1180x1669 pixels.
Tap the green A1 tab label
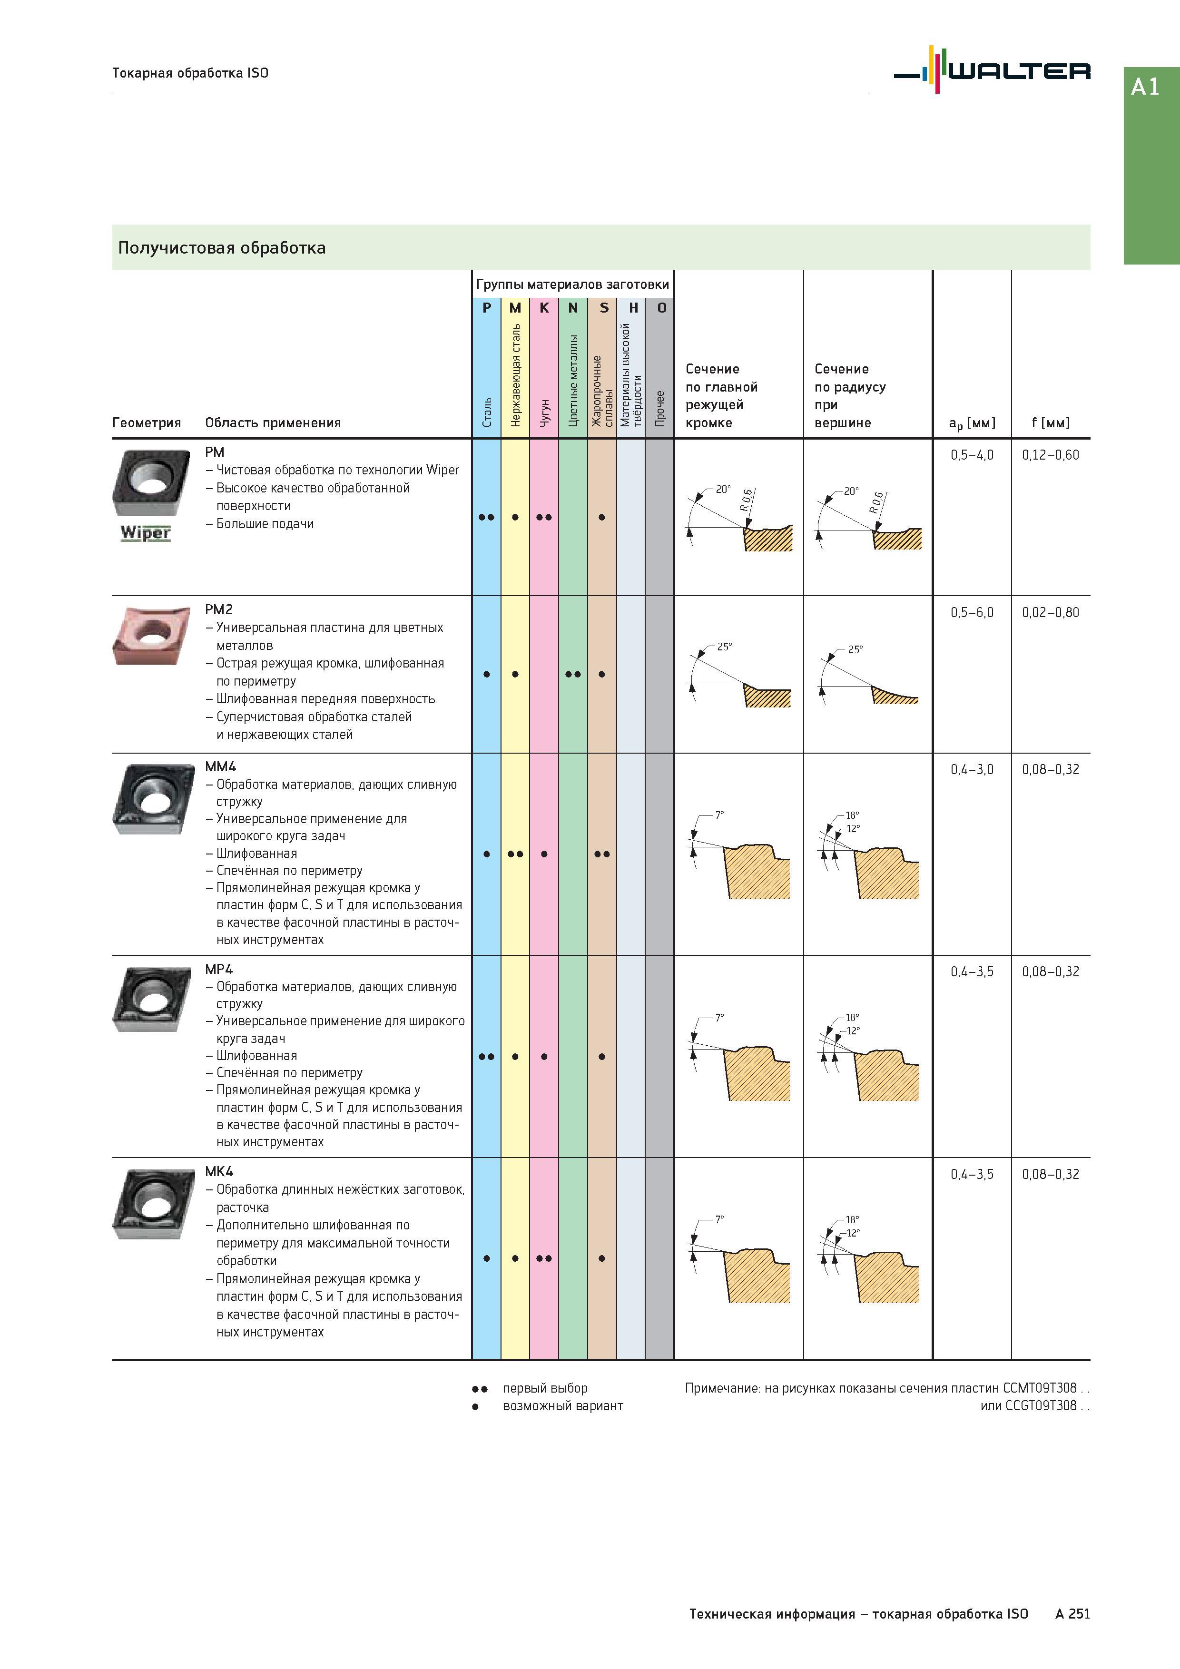click(x=1145, y=87)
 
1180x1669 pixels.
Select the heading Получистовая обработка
click(x=222, y=248)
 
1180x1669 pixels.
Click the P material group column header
click(x=486, y=307)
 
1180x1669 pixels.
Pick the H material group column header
click(x=632, y=307)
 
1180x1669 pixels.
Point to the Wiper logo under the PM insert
click(x=146, y=533)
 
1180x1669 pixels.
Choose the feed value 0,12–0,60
click(x=1051, y=455)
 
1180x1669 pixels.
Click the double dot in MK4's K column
click(x=544, y=1258)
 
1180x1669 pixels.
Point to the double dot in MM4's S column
click(x=602, y=854)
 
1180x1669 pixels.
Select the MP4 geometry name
click(x=219, y=969)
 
